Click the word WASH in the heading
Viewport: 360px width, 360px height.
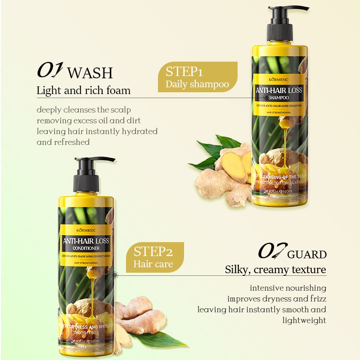[x=90, y=72]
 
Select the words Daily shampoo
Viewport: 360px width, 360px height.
[x=197, y=84]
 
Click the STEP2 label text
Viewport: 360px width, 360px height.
[x=153, y=252]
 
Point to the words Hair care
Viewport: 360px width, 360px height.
[x=153, y=264]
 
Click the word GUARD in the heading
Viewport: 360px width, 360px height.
[x=307, y=255]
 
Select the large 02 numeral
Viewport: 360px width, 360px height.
[x=271, y=252]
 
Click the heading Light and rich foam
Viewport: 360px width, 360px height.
[x=84, y=90]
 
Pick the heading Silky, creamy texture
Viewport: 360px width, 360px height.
[x=275, y=270]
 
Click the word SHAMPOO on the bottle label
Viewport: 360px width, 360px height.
[x=279, y=98]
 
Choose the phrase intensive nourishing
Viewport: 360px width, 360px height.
[x=288, y=288]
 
